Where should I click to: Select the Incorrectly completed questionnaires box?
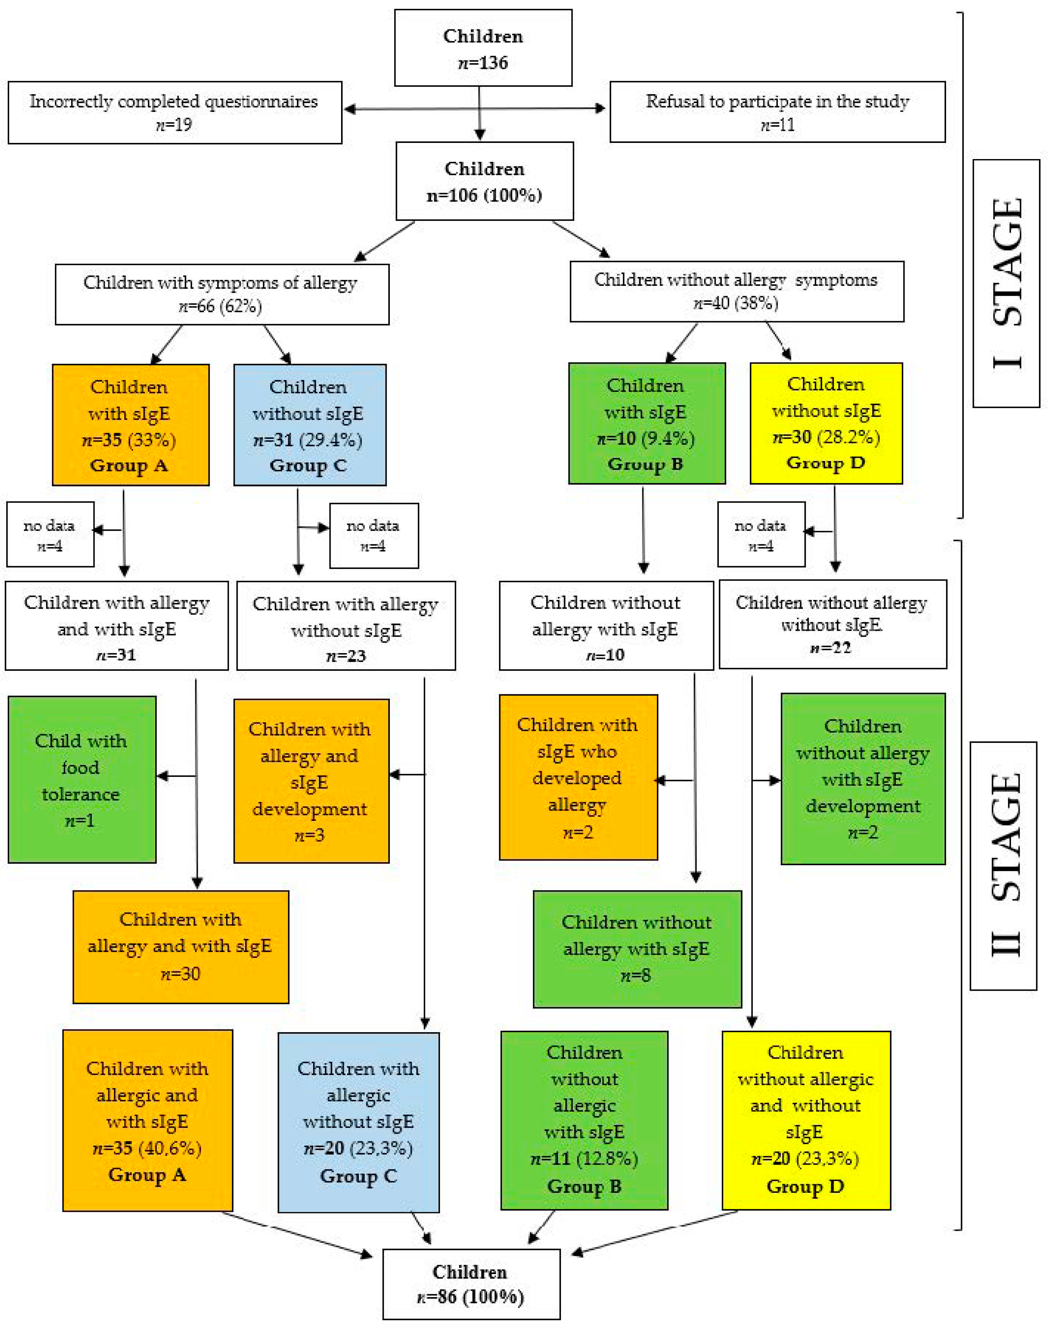175,112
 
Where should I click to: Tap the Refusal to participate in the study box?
777,112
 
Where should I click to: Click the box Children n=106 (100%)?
485,181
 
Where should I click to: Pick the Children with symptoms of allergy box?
222,294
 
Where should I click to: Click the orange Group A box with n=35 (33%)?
131,425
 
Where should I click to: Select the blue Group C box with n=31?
310,425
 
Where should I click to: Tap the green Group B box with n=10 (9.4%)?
647,423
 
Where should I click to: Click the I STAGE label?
1006,283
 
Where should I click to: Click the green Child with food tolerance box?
82,779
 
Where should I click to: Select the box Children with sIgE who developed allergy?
579,777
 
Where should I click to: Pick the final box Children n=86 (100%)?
471,1284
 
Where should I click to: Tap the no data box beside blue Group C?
374,536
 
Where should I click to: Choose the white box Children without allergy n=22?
833,624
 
